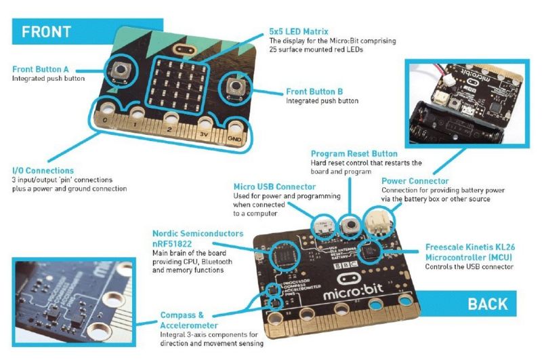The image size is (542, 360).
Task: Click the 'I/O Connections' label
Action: click(x=43, y=170)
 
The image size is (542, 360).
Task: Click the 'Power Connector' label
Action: click(x=415, y=181)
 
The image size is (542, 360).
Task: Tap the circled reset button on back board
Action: click(x=350, y=224)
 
